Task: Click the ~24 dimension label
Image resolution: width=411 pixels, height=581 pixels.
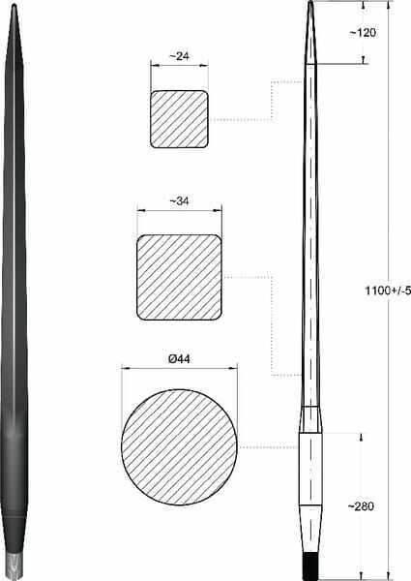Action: click(180, 56)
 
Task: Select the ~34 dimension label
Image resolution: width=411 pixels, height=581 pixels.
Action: click(180, 200)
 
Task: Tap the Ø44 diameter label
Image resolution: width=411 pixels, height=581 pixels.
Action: click(179, 358)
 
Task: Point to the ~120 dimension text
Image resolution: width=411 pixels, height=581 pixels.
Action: click(363, 33)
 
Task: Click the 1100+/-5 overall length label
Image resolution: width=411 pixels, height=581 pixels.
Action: click(388, 290)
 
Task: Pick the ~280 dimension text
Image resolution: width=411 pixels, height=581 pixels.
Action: click(361, 506)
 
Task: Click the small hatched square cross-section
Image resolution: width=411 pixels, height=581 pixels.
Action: click(180, 119)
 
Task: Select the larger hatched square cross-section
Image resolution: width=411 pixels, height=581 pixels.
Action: click(180, 277)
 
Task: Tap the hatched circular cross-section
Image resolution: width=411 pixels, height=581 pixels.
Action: click(180, 447)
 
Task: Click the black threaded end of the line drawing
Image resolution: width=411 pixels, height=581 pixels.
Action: click(310, 566)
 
